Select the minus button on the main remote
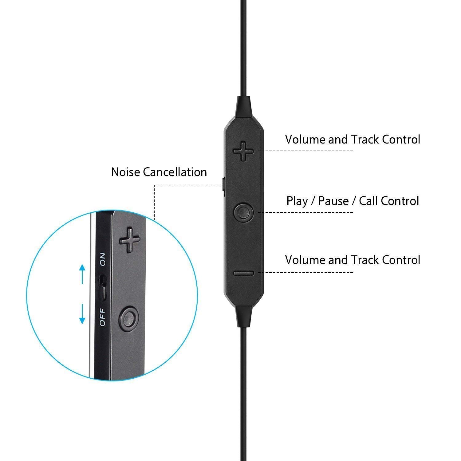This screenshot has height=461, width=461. coord(243,273)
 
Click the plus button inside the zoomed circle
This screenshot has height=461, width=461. coord(129,240)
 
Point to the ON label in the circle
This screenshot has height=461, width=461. coord(103,259)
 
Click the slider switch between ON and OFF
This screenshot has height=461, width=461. coord(103,288)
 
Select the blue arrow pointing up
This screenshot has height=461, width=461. coord(82,274)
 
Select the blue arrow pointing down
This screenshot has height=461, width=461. coord(82,314)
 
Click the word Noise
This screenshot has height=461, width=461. coord(126,172)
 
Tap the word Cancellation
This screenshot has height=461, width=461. coord(175,172)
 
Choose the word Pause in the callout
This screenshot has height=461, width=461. coord(333,201)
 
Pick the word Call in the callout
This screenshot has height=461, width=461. coord(369,201)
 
